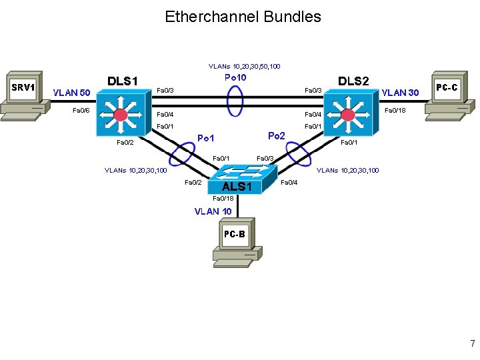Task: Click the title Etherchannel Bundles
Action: [x=243, y=17]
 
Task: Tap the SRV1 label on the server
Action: [x=23, y=87]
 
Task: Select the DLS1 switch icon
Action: [x=121, y=113]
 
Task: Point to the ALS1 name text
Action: [x=237, y=187]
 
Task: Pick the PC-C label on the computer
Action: [x=447, y=87]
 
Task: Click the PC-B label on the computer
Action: [x=234, y=234]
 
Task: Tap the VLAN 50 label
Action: [x=71, y=93]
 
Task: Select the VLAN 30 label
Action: [x=400, y=93]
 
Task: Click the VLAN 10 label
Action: [x=213, y=211]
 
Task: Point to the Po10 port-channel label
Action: [x=235, y=78]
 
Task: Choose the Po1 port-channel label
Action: [x=206, y=139]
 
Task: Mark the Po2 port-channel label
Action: [x=277, y=135]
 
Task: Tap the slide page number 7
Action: [x=472, y=344]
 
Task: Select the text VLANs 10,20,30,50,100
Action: [x=244, y=67]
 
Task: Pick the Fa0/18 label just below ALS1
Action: [x=222, y=199]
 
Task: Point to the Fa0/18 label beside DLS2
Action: [x=396, y=110]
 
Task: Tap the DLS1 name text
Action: [x=123, y=81]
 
